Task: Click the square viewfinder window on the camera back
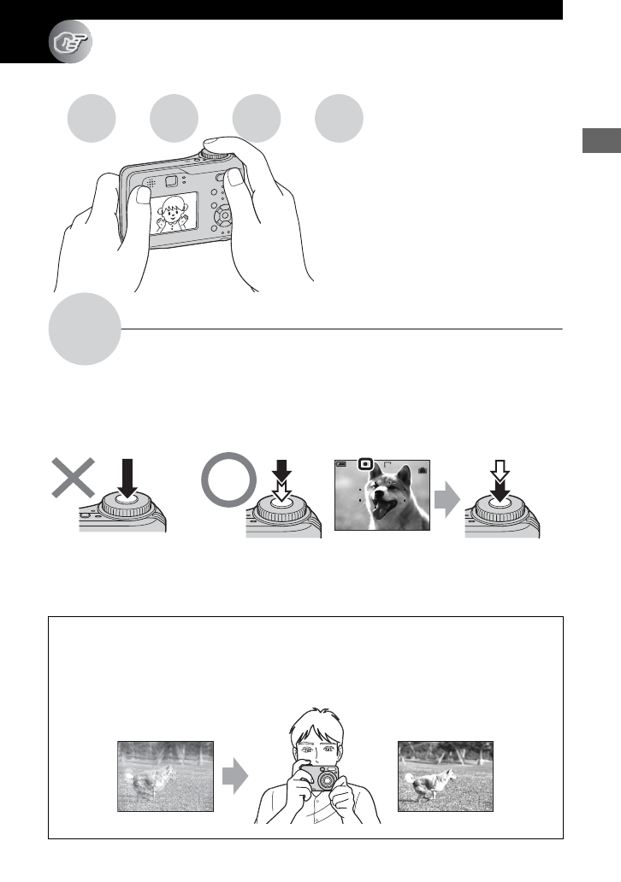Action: (x=170, y=180)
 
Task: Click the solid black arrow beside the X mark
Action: (x=127, y=478)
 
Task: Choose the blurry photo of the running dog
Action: (x=165, y=776)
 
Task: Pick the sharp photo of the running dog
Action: (x=447, y=776)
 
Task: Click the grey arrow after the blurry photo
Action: (x=234, y=777)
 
